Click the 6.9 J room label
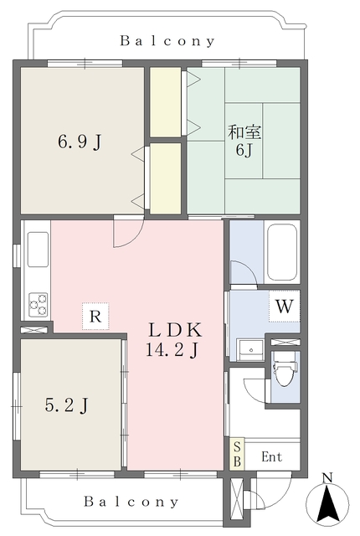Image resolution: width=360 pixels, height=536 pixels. click(80, 142)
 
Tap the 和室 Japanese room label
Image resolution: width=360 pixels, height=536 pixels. click(244, 132)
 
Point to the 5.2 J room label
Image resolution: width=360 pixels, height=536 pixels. click(67, 405)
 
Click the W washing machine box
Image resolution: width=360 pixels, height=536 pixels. click(284, 307)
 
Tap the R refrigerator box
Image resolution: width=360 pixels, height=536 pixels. click(95, 317)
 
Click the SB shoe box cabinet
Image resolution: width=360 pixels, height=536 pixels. click(237, 454)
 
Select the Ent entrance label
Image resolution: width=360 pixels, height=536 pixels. click(272, 456)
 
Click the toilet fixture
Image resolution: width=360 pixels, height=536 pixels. click(285, 369)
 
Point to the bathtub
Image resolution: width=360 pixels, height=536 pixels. click(282, 252)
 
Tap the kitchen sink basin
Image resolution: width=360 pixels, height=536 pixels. click(38, 250)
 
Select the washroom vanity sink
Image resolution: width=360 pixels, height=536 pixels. click(250, 350)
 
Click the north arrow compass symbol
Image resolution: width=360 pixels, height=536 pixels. click(327, 502)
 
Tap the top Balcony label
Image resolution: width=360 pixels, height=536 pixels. click(167, 41)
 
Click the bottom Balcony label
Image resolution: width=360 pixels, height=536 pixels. click(131, 502)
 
